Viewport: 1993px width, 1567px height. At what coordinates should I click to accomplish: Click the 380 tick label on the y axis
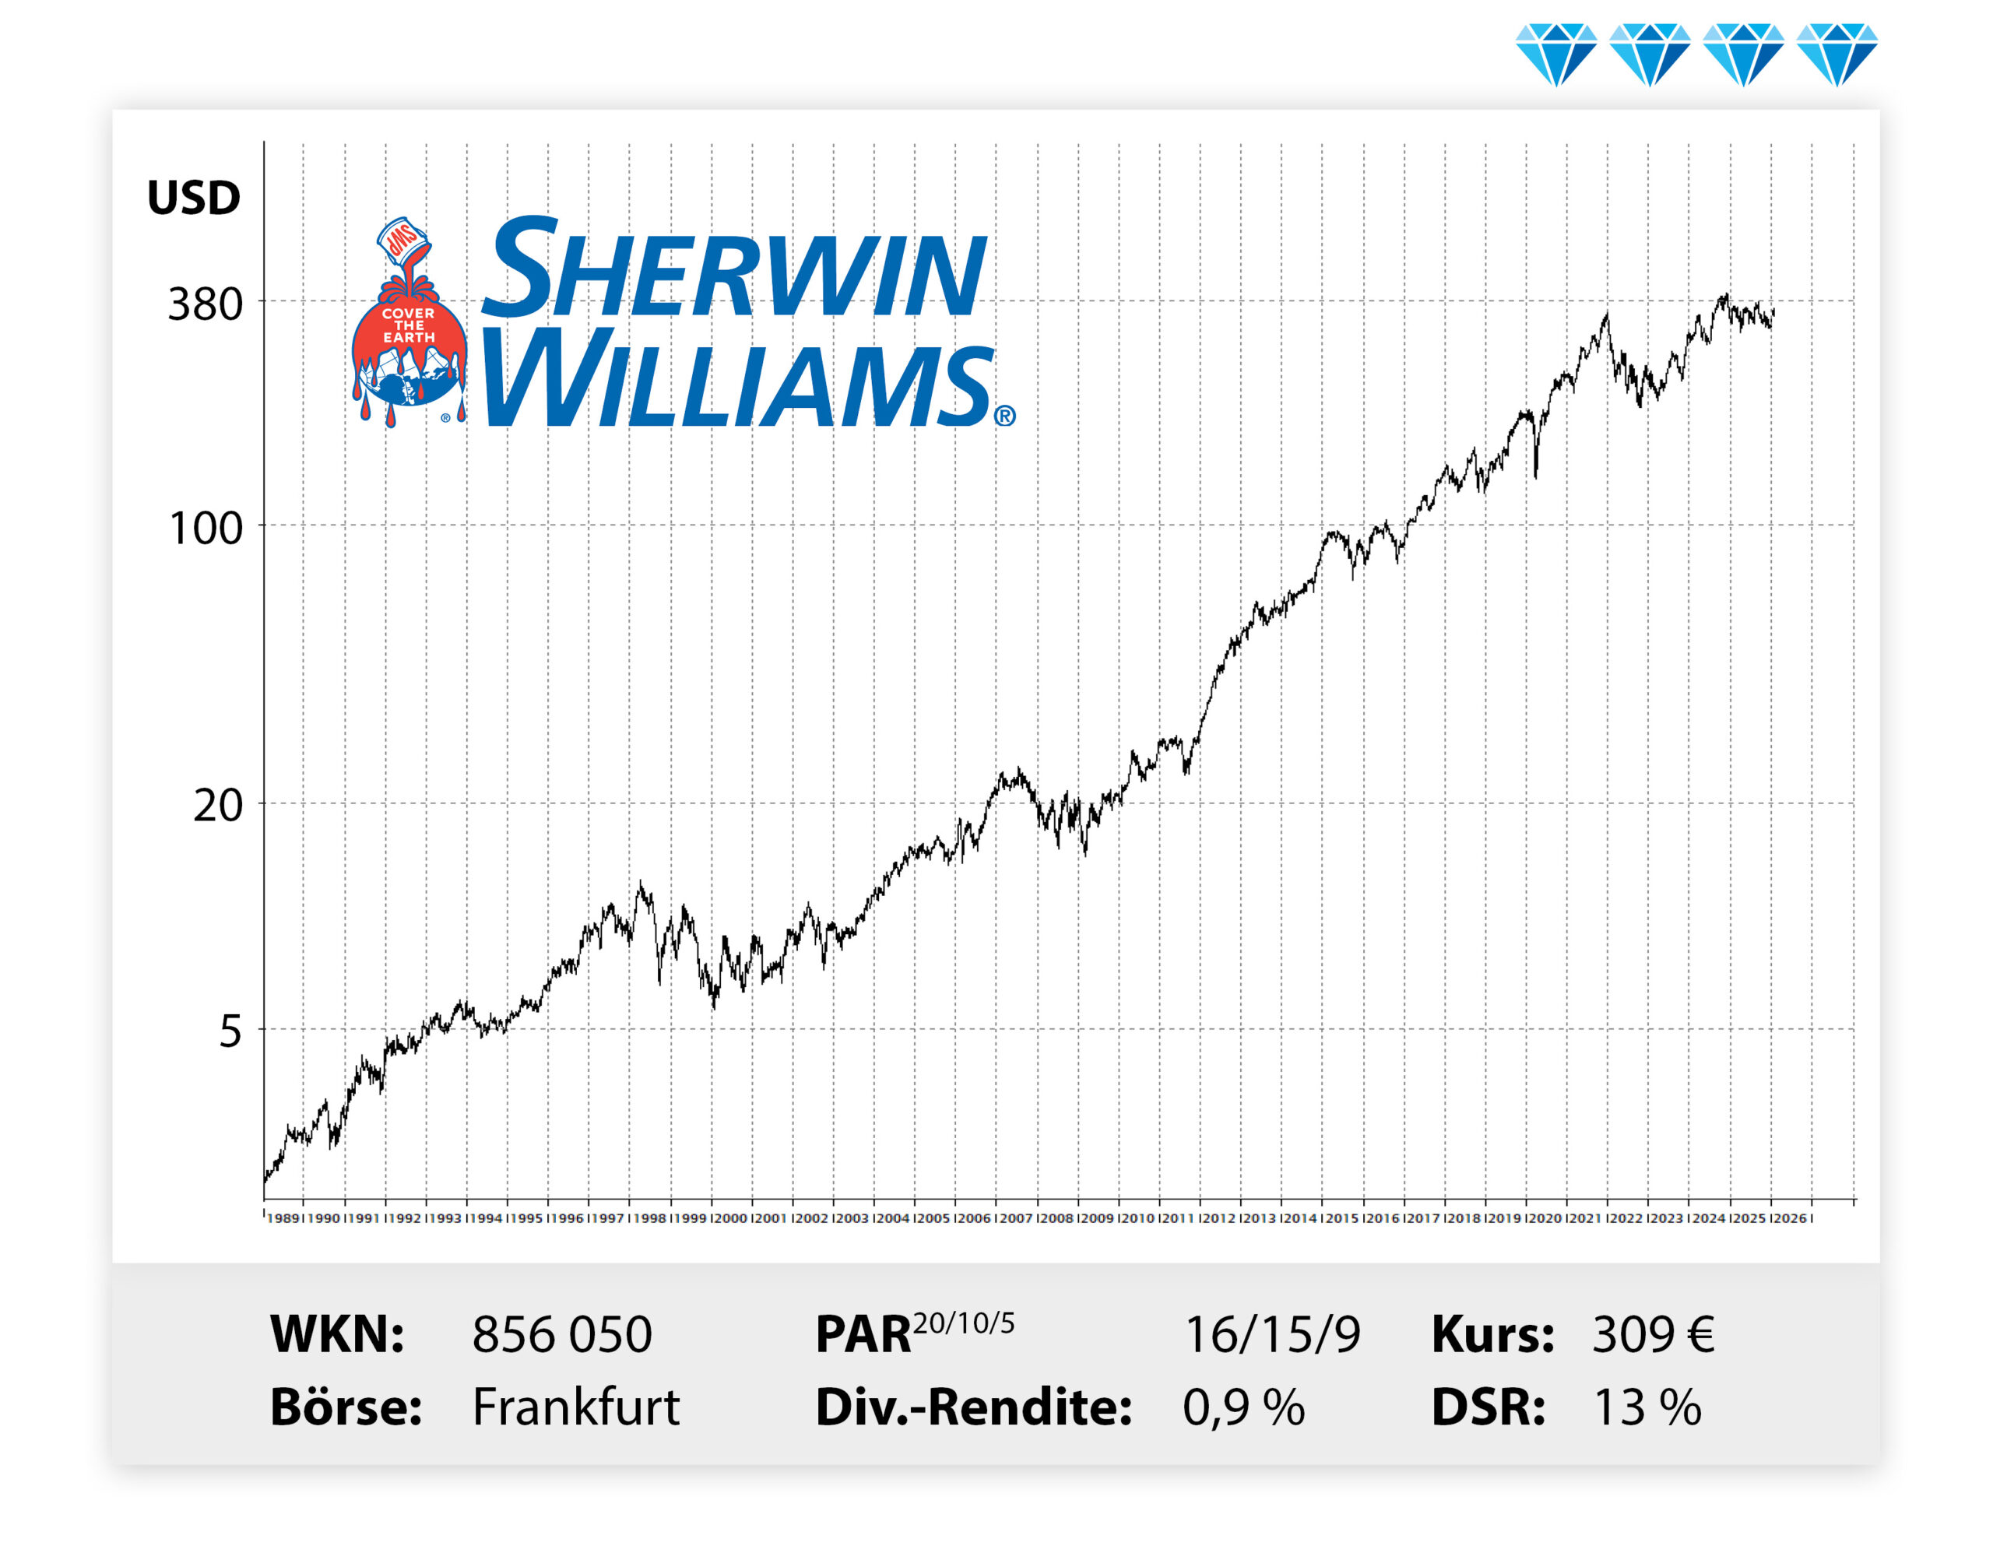pos(205,304)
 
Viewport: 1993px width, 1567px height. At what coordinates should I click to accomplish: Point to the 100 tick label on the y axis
pos(206,529)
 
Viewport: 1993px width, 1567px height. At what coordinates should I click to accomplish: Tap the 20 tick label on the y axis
pos(217,806)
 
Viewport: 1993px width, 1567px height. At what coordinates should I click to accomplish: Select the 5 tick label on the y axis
pos(230,1032)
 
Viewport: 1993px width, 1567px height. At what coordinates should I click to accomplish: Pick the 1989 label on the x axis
pos(283,1218)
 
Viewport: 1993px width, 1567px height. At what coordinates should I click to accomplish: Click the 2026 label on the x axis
pos(1788,1218)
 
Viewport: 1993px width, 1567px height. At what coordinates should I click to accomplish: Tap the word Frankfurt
pos(575,1407)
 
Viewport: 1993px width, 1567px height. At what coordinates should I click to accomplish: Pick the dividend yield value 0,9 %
pos(1243,1407)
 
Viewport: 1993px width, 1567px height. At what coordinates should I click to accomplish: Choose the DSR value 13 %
pos(1647,1407)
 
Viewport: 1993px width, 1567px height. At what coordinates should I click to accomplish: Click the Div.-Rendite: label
pos(972,1407)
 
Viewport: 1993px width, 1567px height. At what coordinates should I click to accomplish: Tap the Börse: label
pos(345,1407)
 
